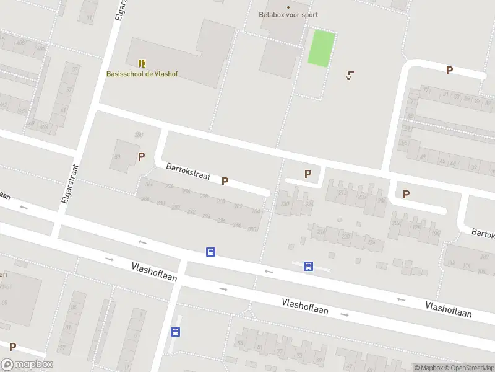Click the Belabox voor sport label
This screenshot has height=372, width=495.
pos(288,14)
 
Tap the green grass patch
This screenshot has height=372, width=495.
pos(322,48)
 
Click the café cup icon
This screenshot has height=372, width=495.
pos(350,76)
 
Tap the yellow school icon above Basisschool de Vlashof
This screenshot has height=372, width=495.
pos(142,63)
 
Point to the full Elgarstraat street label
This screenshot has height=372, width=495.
pos(69,184)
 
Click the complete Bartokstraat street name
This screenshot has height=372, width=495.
pos(188,172)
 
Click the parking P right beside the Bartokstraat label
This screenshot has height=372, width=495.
pos(225,181)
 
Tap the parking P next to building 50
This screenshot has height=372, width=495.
pos(141,156)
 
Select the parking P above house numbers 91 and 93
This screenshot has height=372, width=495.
pos(449,71)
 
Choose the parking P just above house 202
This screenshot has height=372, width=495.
pos(406,194)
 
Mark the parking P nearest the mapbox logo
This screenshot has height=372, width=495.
pos(12,347)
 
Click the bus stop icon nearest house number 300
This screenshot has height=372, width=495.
pos(211,252)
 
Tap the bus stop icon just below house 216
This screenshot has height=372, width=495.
pos(308,267)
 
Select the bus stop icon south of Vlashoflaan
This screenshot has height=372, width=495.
pos(176,332)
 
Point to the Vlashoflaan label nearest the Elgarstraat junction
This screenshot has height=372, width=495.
pos(154,272)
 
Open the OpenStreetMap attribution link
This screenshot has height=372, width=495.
pos(468,368)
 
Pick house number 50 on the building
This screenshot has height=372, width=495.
pos(118,156)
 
